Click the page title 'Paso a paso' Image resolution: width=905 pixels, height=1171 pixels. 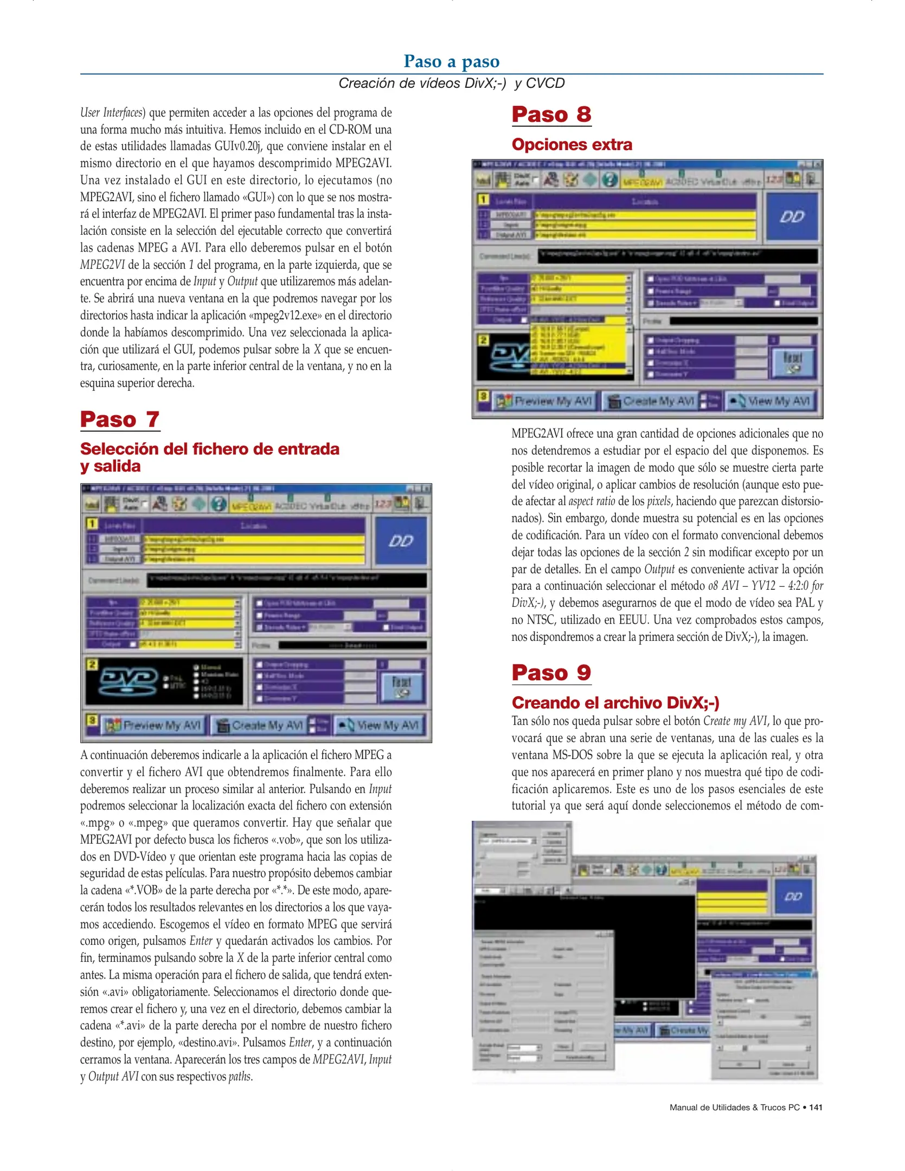pos(451,61)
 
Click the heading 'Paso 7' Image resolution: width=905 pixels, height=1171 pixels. pos(120,420)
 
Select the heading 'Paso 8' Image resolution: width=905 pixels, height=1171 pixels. pos(551,114)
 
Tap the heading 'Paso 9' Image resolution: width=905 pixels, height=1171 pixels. pos(551,673)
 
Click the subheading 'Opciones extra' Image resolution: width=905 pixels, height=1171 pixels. pos(572,145)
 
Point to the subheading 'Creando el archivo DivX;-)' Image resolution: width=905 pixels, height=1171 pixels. pos(615,703)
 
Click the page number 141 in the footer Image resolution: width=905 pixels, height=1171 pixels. pos(815,1107)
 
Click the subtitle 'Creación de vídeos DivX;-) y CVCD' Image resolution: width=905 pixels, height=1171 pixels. pos(451,83)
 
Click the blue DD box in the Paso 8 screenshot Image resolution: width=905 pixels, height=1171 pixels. pos(792,217)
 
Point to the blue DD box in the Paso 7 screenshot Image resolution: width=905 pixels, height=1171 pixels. pos(401,541)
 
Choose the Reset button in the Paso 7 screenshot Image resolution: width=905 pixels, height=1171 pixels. pos(401,686)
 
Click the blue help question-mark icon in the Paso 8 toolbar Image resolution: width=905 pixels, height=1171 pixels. pos(610,179)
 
